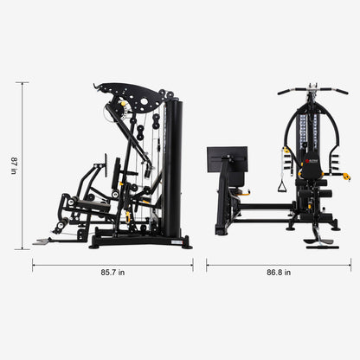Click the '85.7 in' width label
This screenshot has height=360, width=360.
click(x=112, y=273)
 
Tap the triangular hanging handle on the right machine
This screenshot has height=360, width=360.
click(x=280, y=184)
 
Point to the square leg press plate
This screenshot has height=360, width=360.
click(x=227, y=160)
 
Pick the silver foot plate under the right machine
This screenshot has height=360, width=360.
click(x=323, y=241)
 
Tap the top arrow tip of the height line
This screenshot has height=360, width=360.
click(x=22, y=83)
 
